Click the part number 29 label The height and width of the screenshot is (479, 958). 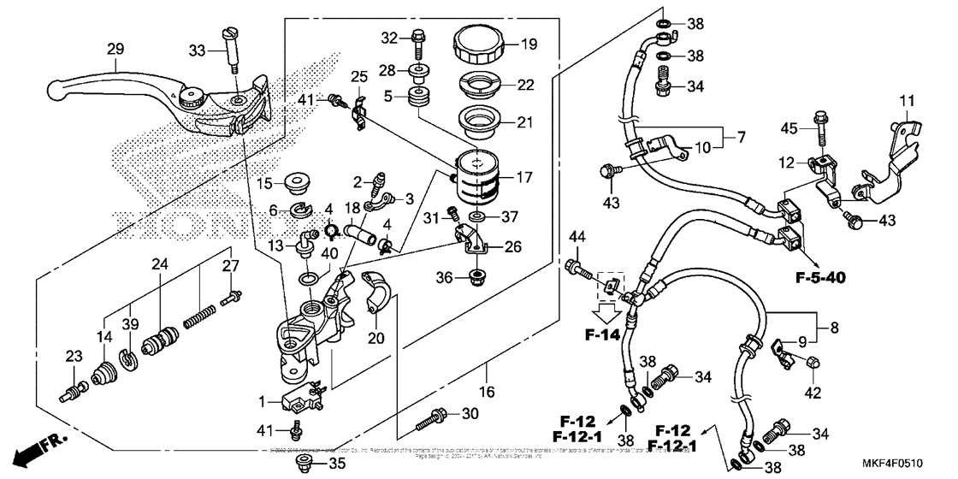point(114,50)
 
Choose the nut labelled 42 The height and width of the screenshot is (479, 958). point(814,362)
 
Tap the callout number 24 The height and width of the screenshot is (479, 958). point(157,264)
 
